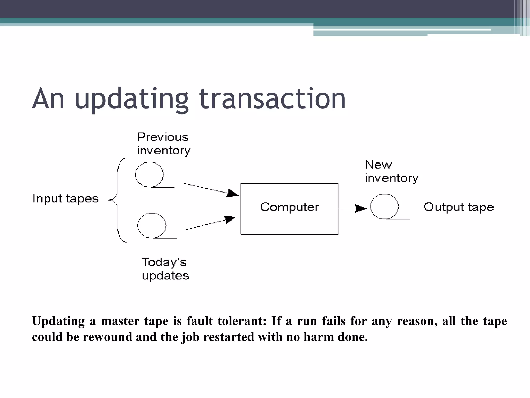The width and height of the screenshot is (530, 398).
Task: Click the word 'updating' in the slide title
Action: click(131, 99)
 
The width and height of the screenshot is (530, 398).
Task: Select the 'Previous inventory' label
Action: click(163, 144)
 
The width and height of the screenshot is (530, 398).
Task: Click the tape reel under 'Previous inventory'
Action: click(149, 175)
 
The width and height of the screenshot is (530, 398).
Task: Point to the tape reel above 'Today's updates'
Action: click(152, 225)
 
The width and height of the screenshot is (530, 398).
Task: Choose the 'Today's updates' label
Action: click(165, 269)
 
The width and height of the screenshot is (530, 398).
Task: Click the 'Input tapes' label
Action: click(65, 199)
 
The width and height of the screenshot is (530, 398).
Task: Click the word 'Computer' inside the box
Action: click(289, 207)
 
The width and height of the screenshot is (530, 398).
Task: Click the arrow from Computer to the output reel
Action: click(352, 209)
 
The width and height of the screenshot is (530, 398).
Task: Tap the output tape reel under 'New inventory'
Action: click(384, 207)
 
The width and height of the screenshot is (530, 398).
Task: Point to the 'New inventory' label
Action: click(391, 171)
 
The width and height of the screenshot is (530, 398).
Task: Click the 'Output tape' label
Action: click(459, 207)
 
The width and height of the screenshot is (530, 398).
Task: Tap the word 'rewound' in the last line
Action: click(107, 337)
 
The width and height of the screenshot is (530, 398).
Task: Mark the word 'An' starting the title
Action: click(48, 99)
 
